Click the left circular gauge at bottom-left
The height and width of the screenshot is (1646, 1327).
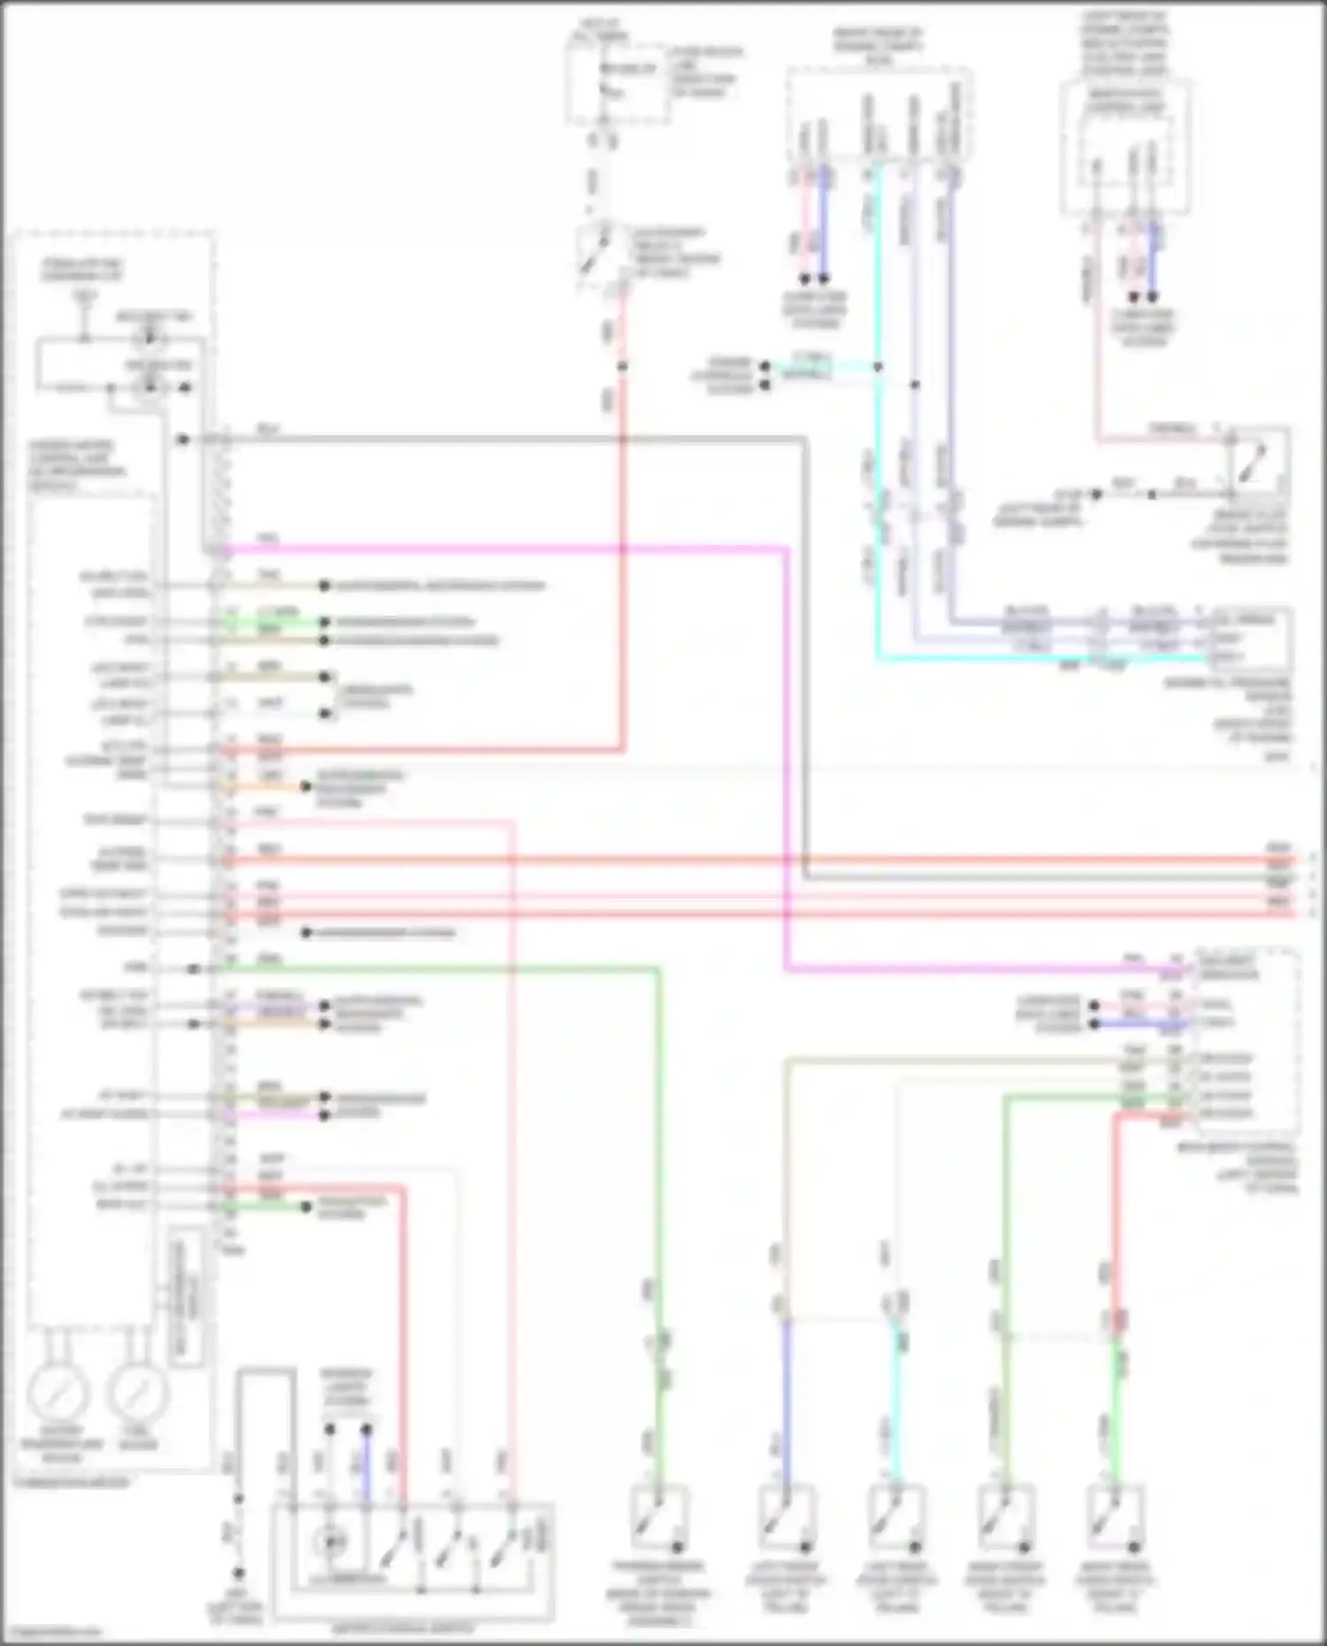58,1392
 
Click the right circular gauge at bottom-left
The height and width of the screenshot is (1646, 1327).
137,1392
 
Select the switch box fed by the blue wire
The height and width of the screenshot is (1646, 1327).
785,1518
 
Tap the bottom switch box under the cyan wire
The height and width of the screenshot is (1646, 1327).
895,1518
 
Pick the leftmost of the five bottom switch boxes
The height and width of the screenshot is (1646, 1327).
658,1518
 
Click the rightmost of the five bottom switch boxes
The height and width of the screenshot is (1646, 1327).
1115,1518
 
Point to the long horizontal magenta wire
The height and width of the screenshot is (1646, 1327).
504,549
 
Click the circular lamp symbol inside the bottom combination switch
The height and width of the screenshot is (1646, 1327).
331,1542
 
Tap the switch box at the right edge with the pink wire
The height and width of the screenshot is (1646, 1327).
1257,461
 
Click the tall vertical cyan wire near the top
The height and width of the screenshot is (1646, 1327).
878,495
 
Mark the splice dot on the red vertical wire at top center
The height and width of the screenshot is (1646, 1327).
622,365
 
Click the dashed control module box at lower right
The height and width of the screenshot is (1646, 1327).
1247,1044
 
